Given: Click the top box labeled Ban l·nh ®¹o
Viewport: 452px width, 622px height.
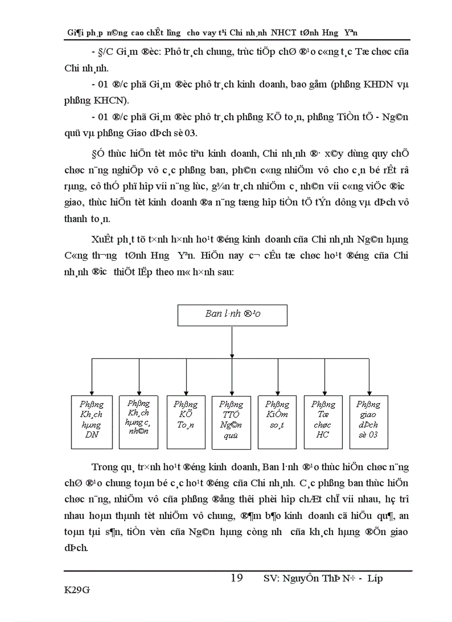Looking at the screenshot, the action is coord(232,314).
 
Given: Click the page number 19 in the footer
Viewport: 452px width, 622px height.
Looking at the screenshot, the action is coord(237,578).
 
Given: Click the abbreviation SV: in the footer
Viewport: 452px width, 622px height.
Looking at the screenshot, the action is coord(272,579).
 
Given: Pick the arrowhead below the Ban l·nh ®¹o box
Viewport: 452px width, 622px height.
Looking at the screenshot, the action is coord(232,356).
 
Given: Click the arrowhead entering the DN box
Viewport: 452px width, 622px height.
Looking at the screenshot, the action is coord(91,393).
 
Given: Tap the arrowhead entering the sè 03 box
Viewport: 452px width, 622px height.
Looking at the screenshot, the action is coord(369,393).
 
